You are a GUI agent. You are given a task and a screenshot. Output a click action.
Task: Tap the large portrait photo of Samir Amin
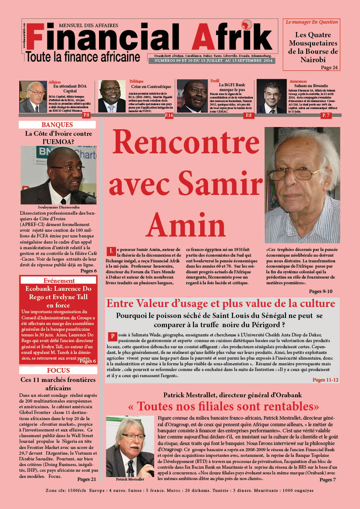pos(302,185)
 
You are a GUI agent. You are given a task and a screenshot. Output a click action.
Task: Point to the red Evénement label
pos(59,280)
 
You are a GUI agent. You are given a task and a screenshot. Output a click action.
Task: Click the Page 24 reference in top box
pos(329,67)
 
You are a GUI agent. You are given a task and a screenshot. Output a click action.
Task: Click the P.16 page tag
pos(169,115)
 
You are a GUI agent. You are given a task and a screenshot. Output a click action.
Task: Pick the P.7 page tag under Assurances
pos(326,115)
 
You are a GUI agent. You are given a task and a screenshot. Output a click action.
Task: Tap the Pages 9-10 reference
pos(321,291)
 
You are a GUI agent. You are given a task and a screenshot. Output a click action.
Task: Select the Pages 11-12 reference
pos(325,380)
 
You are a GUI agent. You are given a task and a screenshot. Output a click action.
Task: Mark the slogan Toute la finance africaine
pos(83,57)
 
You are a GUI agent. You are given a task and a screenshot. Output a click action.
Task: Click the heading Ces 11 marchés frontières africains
pos(58,384)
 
